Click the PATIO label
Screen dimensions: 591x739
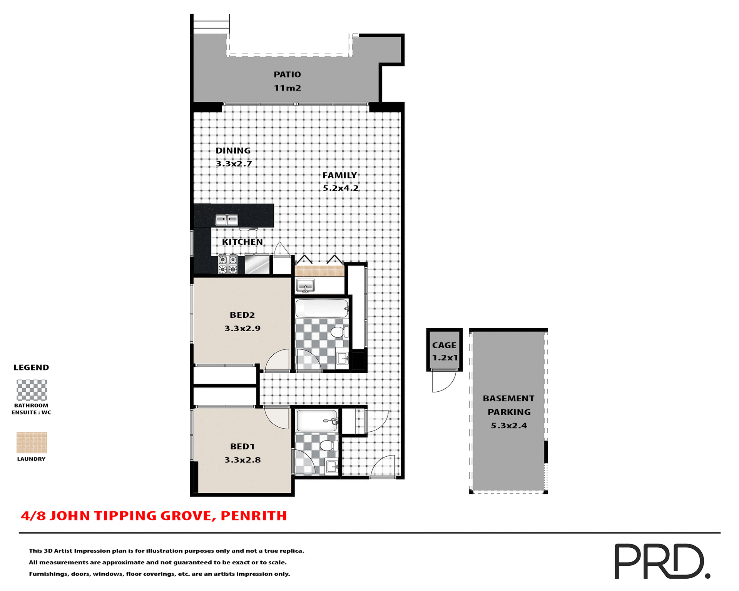(x=287, y=75)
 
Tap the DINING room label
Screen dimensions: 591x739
(x=233, y=150)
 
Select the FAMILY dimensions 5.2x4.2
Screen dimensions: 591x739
(x=341, y=188)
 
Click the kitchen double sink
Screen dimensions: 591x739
(x=227, y=220)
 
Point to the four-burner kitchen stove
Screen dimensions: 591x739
(x=228, y=264)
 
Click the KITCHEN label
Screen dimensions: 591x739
(x=242, y=242)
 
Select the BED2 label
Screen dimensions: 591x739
(x=242, y=315)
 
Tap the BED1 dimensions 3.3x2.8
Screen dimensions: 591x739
(x=242, y=460)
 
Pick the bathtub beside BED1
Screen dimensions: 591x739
(x=317, y=421)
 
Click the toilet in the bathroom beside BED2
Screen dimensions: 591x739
(x=339, y=332)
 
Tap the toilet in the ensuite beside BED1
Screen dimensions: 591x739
(x=328, y=446)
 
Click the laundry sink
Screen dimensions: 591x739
(x=306, y=286)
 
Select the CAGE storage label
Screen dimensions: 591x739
(x=444, y=346)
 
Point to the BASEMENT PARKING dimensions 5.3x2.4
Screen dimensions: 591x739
(x=509, y=426)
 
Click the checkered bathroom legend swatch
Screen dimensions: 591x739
(x=32, y=390)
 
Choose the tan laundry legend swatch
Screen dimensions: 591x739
(x=32, y=442)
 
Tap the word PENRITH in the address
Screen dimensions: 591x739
(x=254, y=516)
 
